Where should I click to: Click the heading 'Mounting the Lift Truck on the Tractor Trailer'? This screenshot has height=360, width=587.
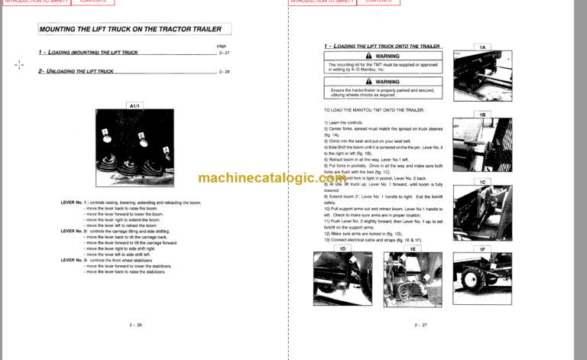coord(130,30)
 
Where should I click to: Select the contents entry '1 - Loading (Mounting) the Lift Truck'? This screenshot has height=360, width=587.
coord(89,53)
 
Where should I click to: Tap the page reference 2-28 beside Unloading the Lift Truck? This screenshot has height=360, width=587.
coord(223,71)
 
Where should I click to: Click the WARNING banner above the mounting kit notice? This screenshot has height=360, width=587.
coord(383,57)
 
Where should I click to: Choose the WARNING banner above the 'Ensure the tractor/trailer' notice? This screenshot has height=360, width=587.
coord(383,81)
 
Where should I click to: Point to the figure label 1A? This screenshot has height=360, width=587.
coord(482,47)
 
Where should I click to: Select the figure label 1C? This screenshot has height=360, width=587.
coord(482,181)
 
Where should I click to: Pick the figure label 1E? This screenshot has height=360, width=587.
coord(412,249)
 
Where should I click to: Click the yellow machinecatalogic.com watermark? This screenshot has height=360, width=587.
coord(293,177)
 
